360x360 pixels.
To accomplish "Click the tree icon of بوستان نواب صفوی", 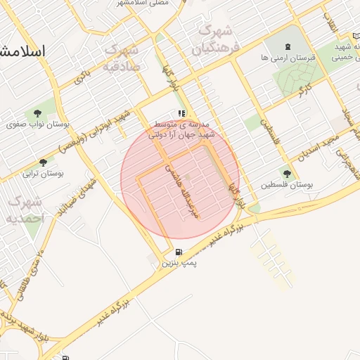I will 37,112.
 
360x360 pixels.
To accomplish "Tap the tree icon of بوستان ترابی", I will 44,162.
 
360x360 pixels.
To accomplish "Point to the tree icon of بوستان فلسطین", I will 287,173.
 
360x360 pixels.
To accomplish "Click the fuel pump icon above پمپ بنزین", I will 179,252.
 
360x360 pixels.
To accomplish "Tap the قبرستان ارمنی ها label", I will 288,58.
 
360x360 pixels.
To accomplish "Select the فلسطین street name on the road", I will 270,131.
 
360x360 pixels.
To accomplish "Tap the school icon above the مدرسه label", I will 181,113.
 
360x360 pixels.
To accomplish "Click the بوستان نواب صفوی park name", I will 37,124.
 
